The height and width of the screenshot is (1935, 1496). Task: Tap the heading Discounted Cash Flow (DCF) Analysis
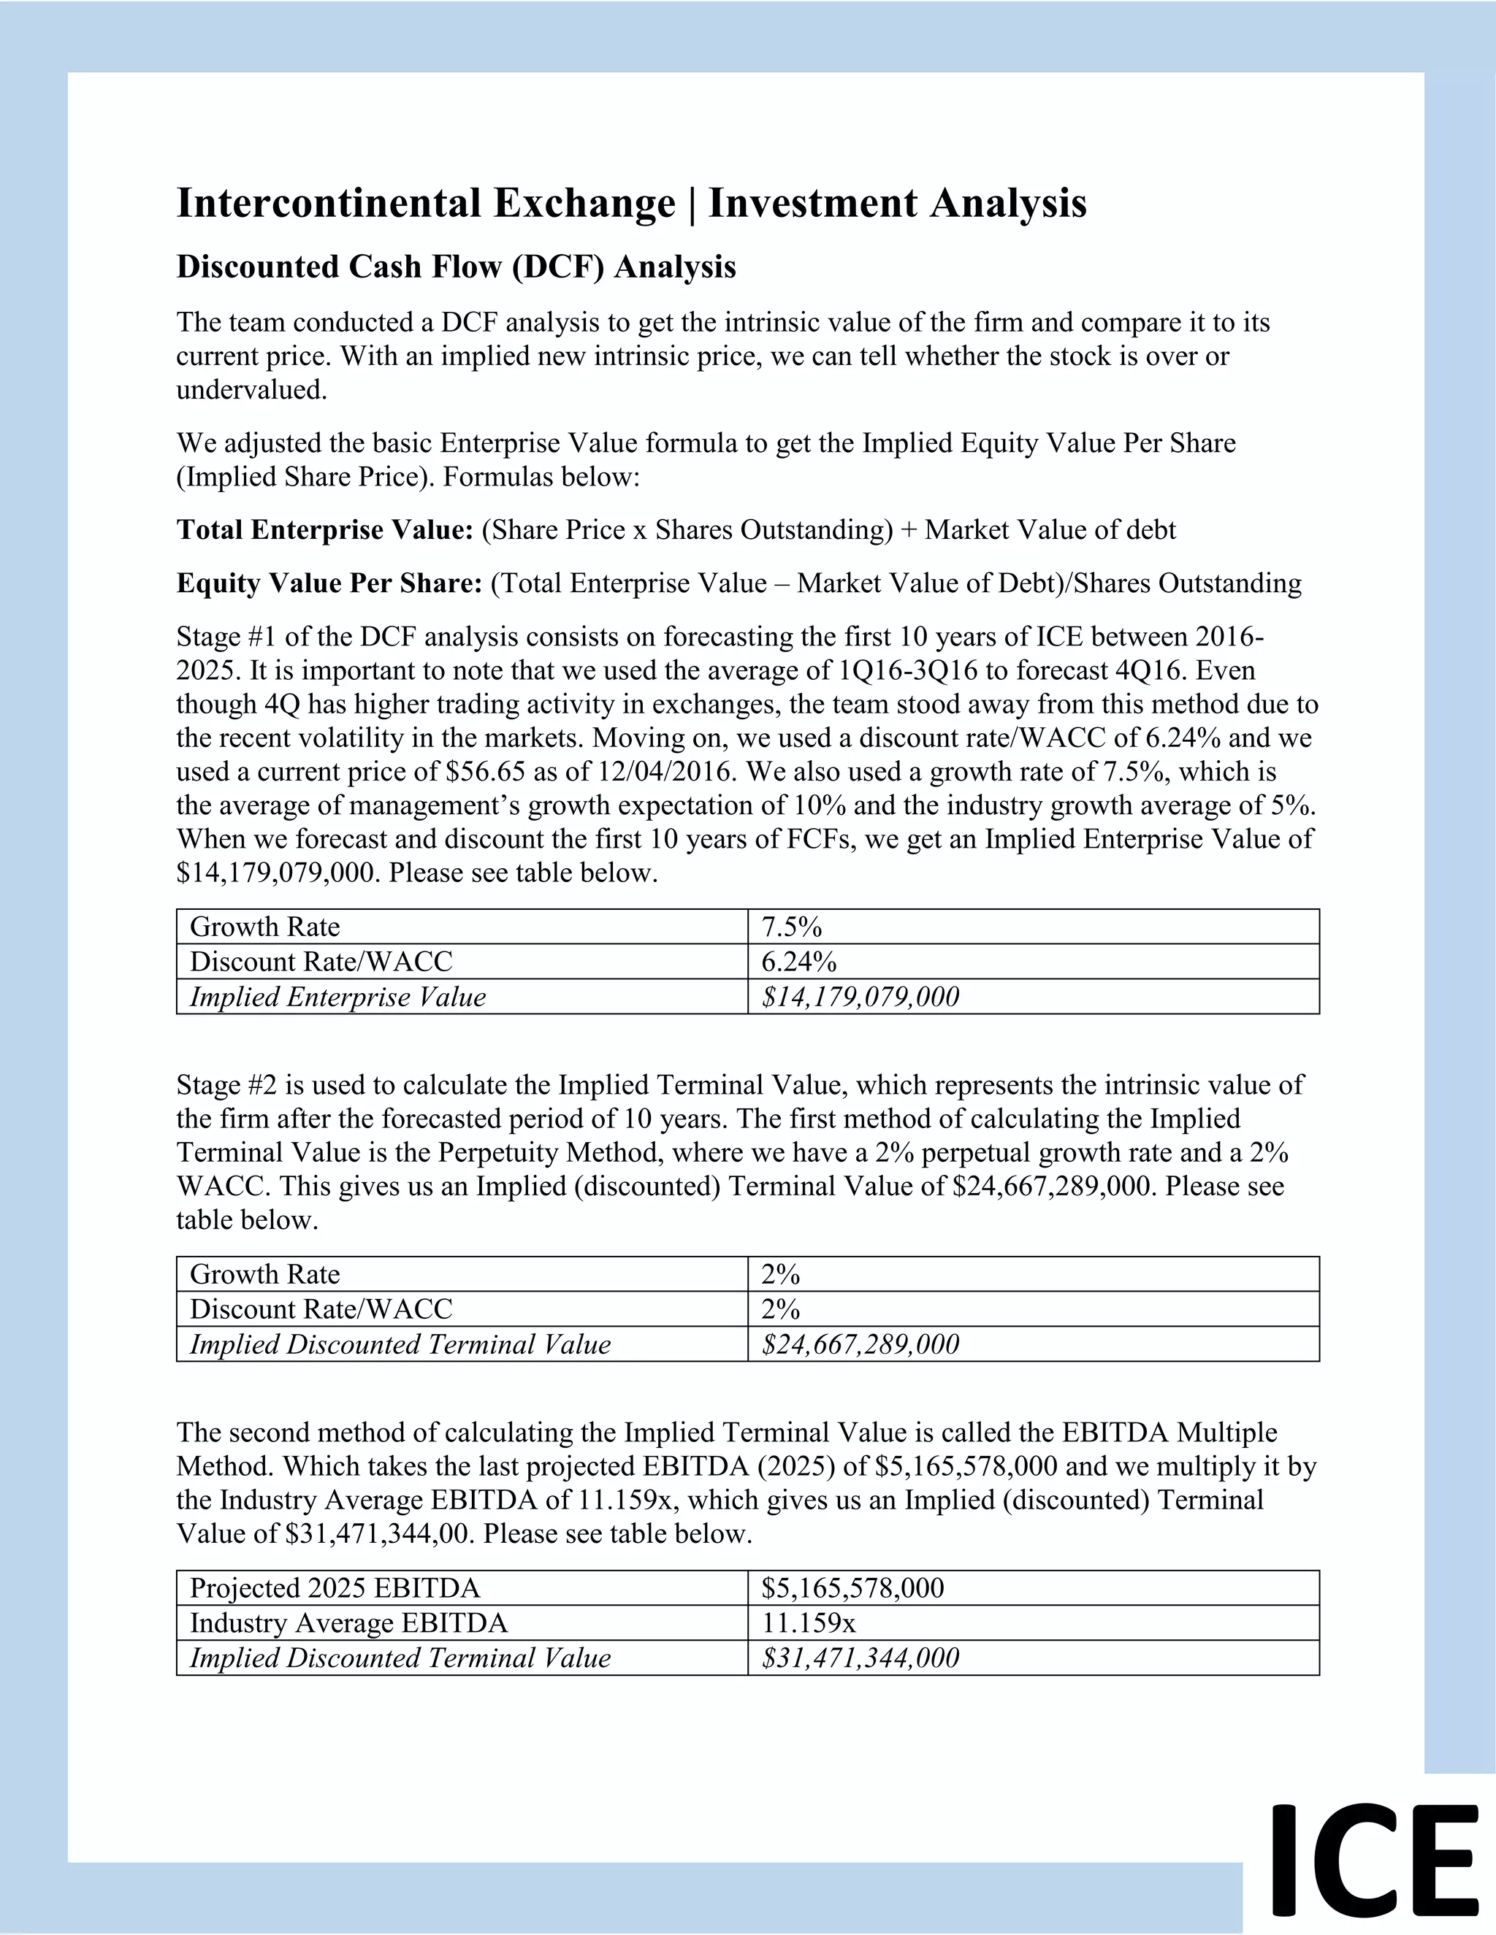click(456, 267)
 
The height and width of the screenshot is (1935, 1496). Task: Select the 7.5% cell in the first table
click(791, 927)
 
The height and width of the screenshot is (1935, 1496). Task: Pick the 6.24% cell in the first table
click(798, 962)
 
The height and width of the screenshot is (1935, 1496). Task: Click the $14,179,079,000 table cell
click(860, 997)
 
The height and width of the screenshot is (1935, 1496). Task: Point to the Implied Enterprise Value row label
click(337, 997)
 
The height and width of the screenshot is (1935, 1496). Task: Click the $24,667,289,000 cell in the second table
click(860, 1344)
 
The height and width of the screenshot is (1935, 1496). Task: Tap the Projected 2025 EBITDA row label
click(334, 1587)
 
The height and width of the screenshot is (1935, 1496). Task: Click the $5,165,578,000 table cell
click(852, 1587)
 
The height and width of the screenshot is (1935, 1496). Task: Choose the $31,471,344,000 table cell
click(860, 1658)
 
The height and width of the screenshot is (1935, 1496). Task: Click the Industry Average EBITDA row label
click(348, 1623)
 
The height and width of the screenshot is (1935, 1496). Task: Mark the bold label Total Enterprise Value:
click(324, 530)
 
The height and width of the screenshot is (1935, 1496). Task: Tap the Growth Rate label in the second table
click(264, 1274)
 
